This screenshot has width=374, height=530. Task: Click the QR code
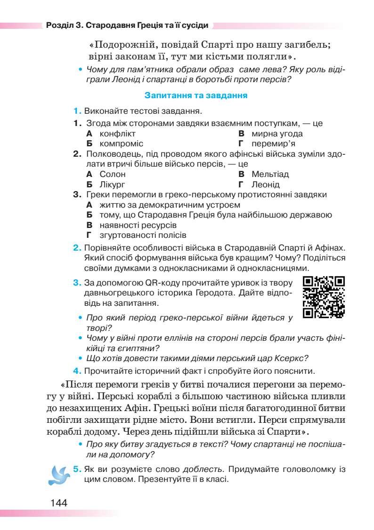click(324, 297)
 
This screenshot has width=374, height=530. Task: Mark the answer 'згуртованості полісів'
click(143, 235)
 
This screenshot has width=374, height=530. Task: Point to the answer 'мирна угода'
click(277, 134)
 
